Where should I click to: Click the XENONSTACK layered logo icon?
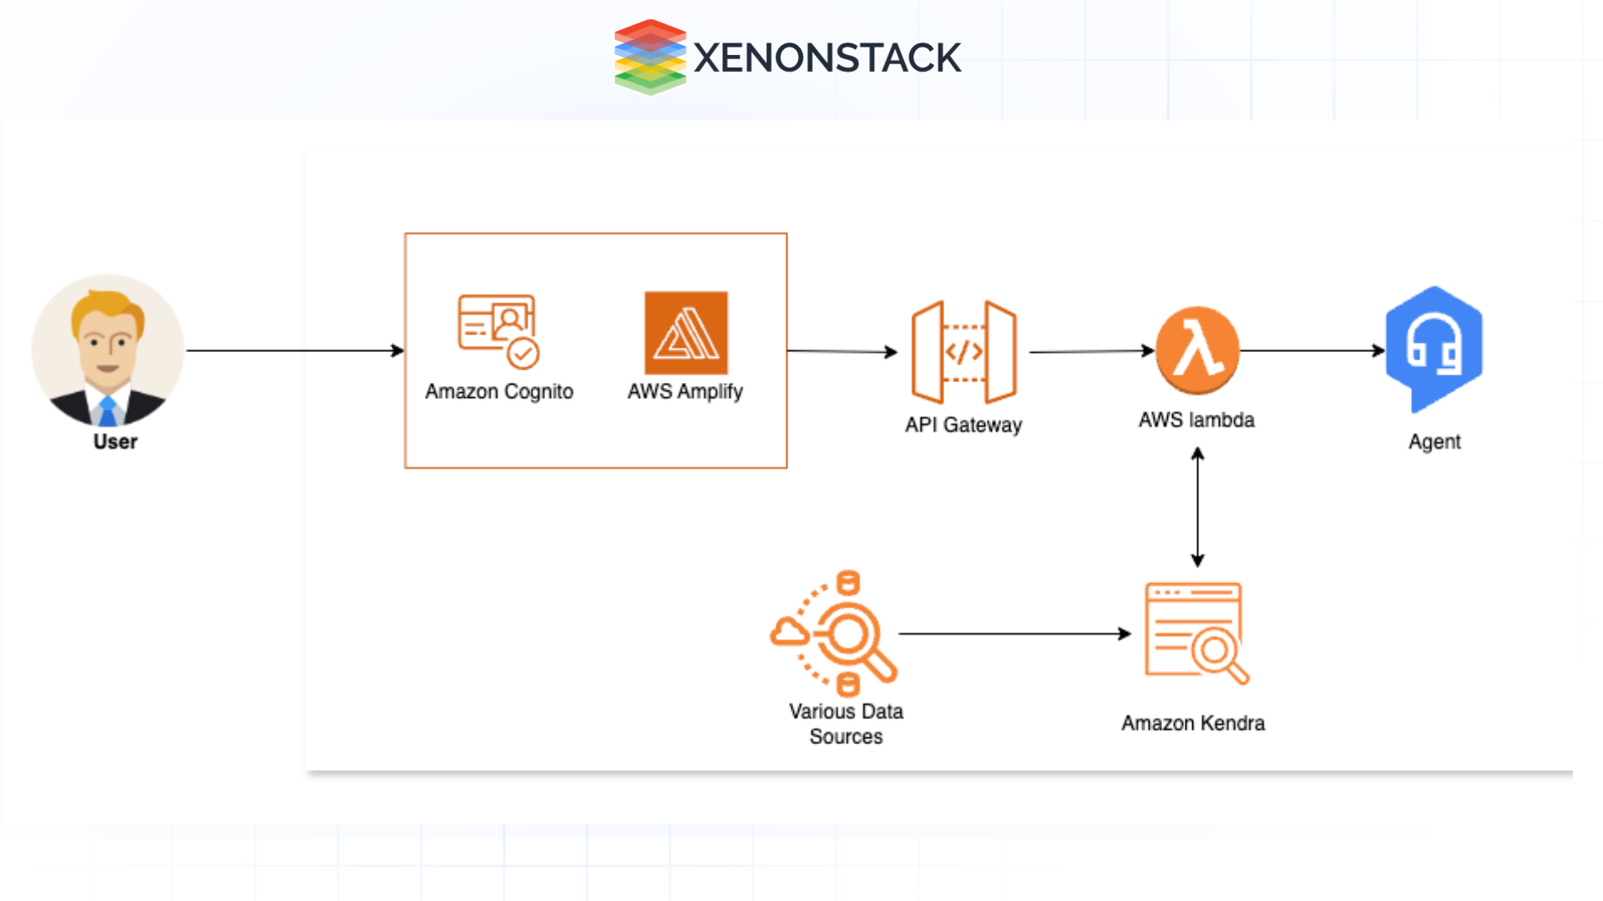point(650,57)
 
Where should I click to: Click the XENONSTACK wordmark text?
point(827,58)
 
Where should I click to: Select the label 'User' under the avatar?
point(115,441)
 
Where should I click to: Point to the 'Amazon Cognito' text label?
point(498,391)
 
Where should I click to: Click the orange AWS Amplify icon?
point(685,333)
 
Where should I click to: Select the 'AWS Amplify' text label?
point(685,391)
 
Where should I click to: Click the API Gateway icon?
point(963,352)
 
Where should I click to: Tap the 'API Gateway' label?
point(963,425)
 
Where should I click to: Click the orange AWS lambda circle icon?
point(1196,350)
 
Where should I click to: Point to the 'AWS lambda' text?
point(1196,420)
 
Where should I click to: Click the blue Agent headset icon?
point(1434,348)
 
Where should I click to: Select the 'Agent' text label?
point(1434,441)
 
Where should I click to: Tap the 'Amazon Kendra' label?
point(1192,722)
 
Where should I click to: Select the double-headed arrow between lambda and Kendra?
point(1197,507)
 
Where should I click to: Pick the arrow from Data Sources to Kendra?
point(1014,634)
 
